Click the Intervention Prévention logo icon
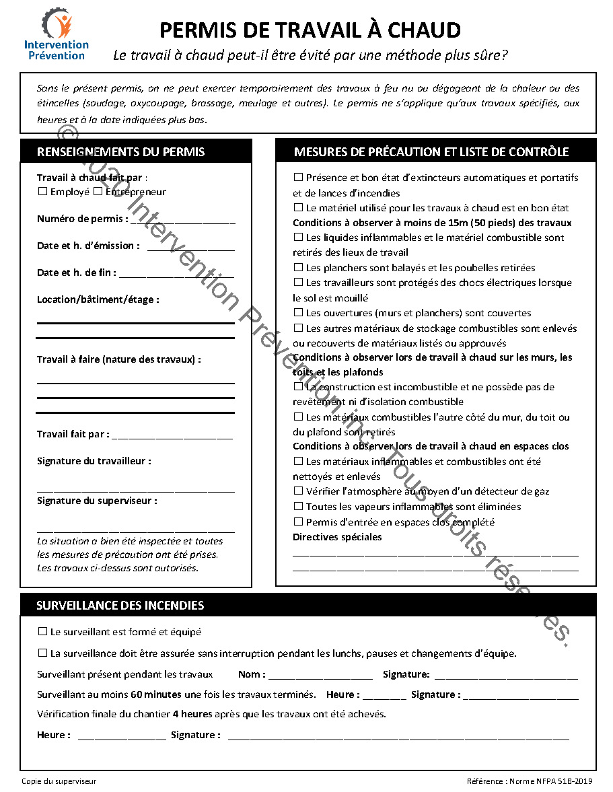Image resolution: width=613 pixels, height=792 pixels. click(57, 24)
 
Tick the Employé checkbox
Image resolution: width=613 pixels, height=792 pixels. click(42, 192)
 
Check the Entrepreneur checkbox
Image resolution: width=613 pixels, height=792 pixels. click(98, 192)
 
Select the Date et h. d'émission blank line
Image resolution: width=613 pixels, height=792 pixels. click(190, 247)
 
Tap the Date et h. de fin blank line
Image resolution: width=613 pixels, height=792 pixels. click(176, 274)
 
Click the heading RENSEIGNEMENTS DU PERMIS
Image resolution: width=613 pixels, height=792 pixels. click(121, 152)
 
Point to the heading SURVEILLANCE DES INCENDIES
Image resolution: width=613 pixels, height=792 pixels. click(120, 606)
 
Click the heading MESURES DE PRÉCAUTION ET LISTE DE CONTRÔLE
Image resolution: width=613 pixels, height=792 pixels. click(431, 152)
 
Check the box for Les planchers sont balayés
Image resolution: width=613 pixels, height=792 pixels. click(298, 268)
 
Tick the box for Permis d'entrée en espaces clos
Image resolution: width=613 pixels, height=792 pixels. click(298, 522)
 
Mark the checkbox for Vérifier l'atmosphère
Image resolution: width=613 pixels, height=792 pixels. click(298, 491)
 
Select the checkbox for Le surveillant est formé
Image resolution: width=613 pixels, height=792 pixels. click(42, 632)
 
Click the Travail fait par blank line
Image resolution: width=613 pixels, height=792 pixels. click(172, 435)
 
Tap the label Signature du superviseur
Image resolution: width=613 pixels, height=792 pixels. click(98, 501)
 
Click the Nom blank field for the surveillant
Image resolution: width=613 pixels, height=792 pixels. click(320, 675)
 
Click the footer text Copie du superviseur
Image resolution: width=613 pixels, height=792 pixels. click(59, 781)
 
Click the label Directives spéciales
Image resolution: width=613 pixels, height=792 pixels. click(337, 537)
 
